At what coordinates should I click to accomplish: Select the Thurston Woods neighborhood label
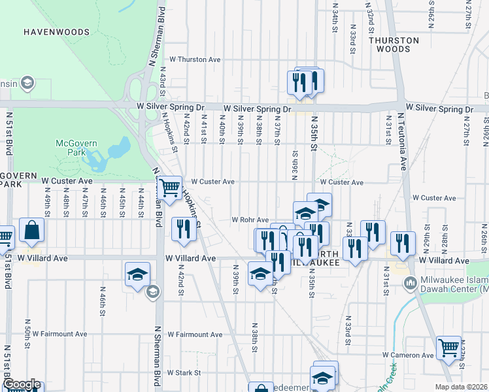point(394,44)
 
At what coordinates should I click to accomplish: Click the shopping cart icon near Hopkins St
point(170,188)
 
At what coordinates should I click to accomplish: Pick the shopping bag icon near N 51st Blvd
point(32,229)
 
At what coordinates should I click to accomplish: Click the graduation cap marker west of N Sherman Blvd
point(138,274)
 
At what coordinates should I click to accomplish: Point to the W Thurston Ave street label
point(195,59)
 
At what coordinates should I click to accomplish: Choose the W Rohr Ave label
point(250,220)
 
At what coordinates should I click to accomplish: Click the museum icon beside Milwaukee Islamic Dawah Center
point(410,284)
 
